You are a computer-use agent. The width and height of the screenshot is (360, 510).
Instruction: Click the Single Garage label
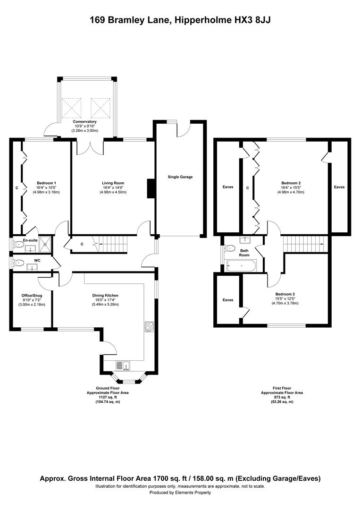coord(180,177)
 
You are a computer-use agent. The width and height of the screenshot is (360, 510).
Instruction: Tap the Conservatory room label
coord(84,122)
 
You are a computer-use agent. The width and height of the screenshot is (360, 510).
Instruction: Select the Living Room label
coord(113,183)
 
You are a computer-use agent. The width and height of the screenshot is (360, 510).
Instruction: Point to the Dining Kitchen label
coord(105,295)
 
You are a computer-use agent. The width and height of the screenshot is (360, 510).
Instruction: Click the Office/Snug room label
coord(32,295)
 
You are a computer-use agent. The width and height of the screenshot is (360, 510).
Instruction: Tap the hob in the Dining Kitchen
coord(149,327)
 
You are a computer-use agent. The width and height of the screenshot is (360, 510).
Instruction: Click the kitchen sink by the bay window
coord(123,366)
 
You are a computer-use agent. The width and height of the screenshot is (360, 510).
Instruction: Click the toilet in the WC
coord(18,263)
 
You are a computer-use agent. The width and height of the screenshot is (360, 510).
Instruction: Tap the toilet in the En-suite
coord(18,244)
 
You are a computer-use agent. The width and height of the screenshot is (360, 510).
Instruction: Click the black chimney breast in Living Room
coord(151,188)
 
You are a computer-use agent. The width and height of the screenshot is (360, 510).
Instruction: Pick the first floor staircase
coord(305,244)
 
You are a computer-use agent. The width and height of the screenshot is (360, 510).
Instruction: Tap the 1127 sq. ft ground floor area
coord(108,397)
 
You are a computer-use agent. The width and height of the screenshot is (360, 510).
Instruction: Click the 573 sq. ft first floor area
coord(282,397)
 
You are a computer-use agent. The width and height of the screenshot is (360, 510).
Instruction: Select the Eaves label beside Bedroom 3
coord(228,300)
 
